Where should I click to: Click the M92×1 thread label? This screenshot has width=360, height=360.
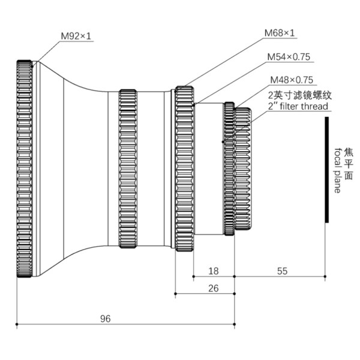(x=76, y=37)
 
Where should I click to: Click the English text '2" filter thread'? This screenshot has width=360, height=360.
(x=298, y=106)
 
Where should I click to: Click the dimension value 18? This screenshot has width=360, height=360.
(x=213, y=271)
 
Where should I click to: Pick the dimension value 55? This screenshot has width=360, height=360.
(x=283, y=271)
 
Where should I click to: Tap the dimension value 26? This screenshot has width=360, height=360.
(x=213, y=289)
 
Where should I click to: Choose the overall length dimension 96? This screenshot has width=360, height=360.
(x=106, y=319)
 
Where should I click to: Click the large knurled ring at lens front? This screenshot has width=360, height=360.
(x=24, y=169)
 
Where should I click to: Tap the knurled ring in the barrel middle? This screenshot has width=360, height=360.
(x=128, y=169)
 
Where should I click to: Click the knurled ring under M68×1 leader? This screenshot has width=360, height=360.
(x=184, y=169)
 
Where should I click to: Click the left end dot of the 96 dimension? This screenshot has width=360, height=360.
(x=17, y=325)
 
